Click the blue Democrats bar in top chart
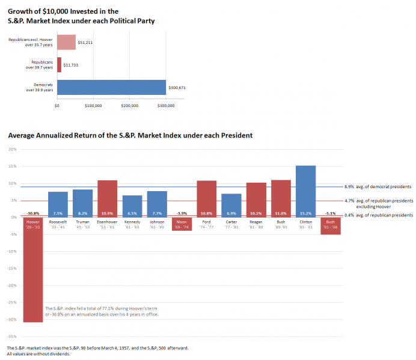[x=111, y=88]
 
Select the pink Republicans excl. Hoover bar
[x=66, y=42]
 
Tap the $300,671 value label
[x=177, y=88]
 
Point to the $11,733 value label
[x=70, y=65]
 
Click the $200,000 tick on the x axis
[x=130, y=106]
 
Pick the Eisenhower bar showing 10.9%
[x=107, y=198]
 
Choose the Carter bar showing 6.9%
[x=231, y=205]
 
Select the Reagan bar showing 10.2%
[x=256, y=200]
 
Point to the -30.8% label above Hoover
[x=33, y=213]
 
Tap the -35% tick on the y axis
[x=12, y=337]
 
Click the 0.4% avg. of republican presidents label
[x=378, y=215]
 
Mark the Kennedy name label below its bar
[x=132, y=222]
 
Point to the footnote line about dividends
[x=38, y=354]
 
